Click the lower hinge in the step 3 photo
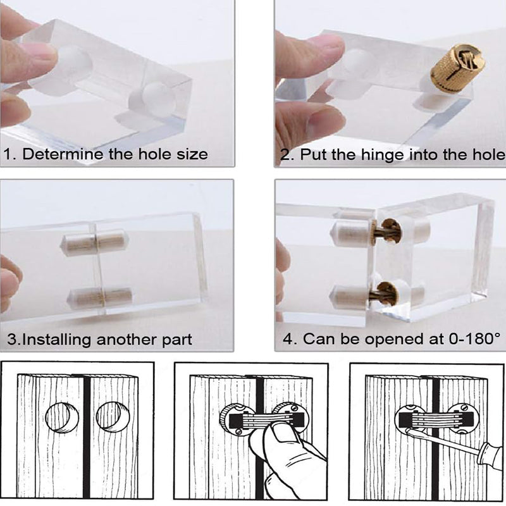[100, 295]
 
